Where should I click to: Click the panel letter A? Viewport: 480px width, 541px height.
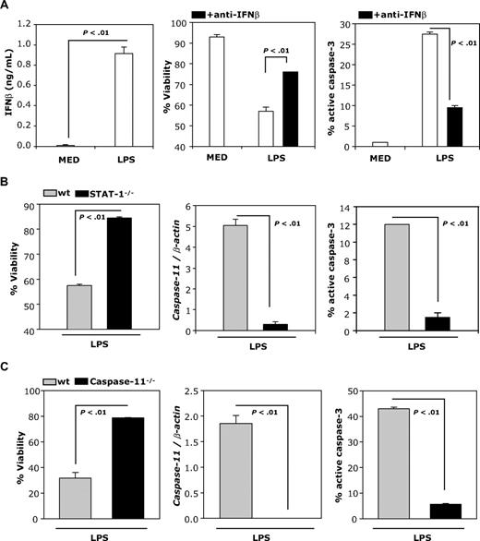7,7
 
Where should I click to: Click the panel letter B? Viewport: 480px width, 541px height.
7,190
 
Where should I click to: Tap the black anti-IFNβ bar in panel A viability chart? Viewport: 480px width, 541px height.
270,109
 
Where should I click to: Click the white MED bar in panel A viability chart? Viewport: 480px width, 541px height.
218,91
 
